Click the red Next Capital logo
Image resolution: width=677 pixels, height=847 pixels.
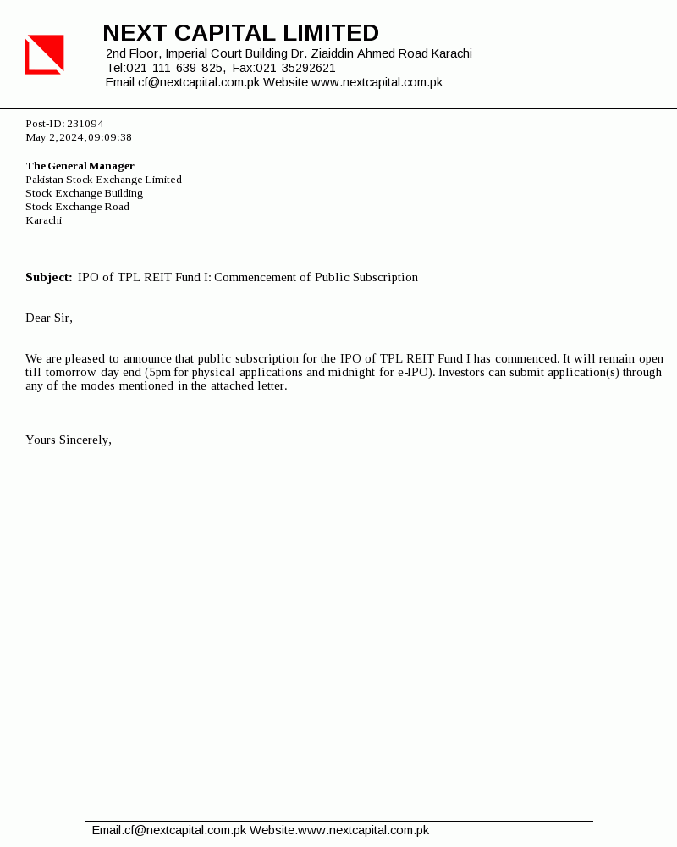coord(44,54)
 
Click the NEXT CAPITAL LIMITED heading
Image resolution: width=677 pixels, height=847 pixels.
coord(240,33)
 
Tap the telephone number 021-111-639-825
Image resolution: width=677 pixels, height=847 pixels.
coord(175,68)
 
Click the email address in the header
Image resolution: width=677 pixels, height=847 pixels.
coord(199,82)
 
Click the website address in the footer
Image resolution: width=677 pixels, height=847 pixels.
coord(363,830)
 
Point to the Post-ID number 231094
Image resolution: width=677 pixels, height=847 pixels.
coord(85,124)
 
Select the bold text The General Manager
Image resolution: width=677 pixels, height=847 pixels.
coord(80,166)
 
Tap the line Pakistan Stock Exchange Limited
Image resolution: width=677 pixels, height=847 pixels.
coord(103,180)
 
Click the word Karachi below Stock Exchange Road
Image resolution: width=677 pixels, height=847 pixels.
coord(44,220)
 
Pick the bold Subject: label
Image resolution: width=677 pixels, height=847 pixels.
coord(49,277)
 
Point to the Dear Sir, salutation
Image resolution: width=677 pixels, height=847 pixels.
coord(49,318)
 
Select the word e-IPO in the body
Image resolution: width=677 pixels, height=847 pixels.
coord(414,372)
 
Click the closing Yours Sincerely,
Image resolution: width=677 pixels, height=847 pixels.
coord(69,440)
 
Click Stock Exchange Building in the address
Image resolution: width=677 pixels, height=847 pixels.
coord(85,193)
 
